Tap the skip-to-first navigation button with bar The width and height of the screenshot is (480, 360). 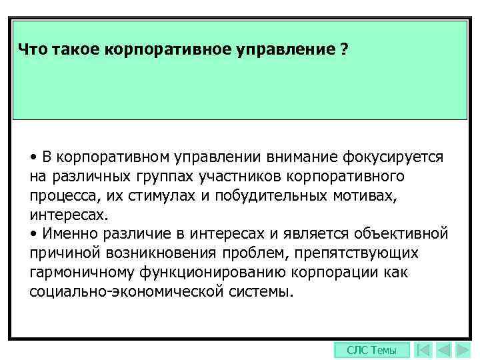tap(422, 350)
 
